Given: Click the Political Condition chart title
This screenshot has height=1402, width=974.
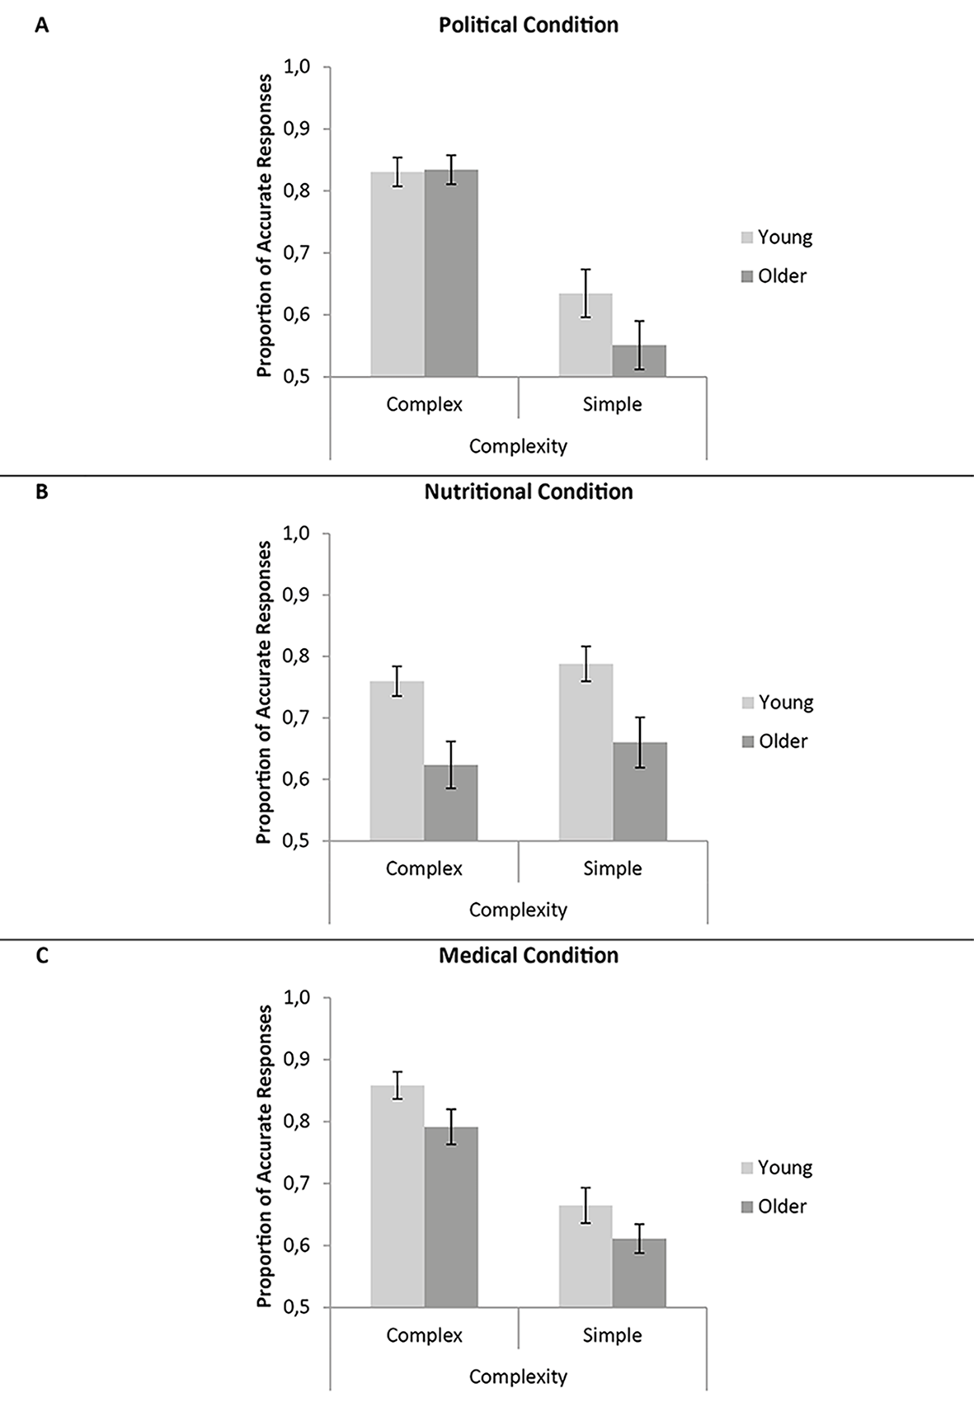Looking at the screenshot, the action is pyautogui.click(x=529, y=25).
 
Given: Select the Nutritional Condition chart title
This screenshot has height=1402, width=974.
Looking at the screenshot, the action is pyautogui.click(x=529, y=492).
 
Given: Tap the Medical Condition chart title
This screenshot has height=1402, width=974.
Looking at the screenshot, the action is pyautogui.click(x=529, y=955).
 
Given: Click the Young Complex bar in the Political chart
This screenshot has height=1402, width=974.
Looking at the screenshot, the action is pyautogui.click(x=398, y=274).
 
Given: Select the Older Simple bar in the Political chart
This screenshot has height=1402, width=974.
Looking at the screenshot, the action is pyautogui.click(x=639, y=360).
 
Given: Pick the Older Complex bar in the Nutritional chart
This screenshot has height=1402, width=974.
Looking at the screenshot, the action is pyautogui.click(x=450, y=802).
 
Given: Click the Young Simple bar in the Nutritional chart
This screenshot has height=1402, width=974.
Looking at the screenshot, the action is pyautogui.click(x=586, y=752).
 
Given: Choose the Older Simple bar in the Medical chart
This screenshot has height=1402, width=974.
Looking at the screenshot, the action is pyautogui.click(x=639, y=1273).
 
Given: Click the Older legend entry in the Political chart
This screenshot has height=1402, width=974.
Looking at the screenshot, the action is pyautogui.click(x=774, y=276).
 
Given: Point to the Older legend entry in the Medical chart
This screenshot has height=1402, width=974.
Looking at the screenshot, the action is pyautogui.click(x=774, y=1206).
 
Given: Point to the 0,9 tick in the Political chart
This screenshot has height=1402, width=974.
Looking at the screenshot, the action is pyautogui.click(x=299, y=129).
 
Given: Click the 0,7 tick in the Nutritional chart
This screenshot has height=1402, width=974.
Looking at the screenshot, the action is pyautogui.click(x=299, y=717).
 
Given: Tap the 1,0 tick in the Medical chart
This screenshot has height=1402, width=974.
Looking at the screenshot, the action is pyautogui.click(x=299, y=998).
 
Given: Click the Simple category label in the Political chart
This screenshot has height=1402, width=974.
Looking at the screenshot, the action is pyautogui.click(x=612, y=404).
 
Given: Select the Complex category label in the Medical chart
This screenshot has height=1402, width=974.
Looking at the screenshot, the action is pyautogui.click(x=425, y=1335).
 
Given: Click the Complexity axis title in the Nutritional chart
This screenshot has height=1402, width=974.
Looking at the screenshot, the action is pyautogui.click(x=518, y=910).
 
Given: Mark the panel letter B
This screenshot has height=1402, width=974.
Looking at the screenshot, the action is pyautogui.click(x=42, y=492).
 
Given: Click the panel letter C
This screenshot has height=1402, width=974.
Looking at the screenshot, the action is pyautogui.click(x=42, y=956).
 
